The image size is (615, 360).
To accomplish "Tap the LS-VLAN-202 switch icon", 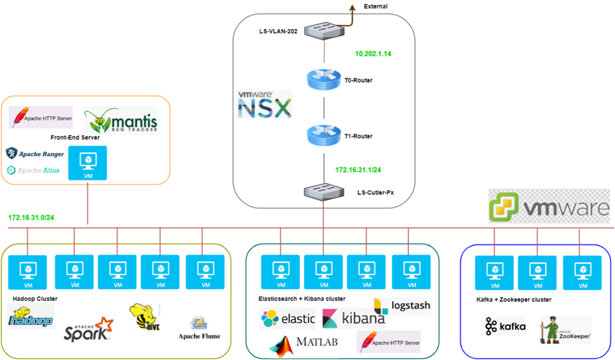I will pyautogui.click(x=323, y=30).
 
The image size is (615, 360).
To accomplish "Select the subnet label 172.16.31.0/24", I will pyautogui.click(x=32, y=217).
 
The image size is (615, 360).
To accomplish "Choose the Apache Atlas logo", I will pyautogui.click(x=34, y=169).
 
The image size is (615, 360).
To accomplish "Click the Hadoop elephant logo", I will pyautogui.click(x=30, y=317).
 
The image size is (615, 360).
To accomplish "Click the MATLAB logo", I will pyautogui.click(x=303, y=342).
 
